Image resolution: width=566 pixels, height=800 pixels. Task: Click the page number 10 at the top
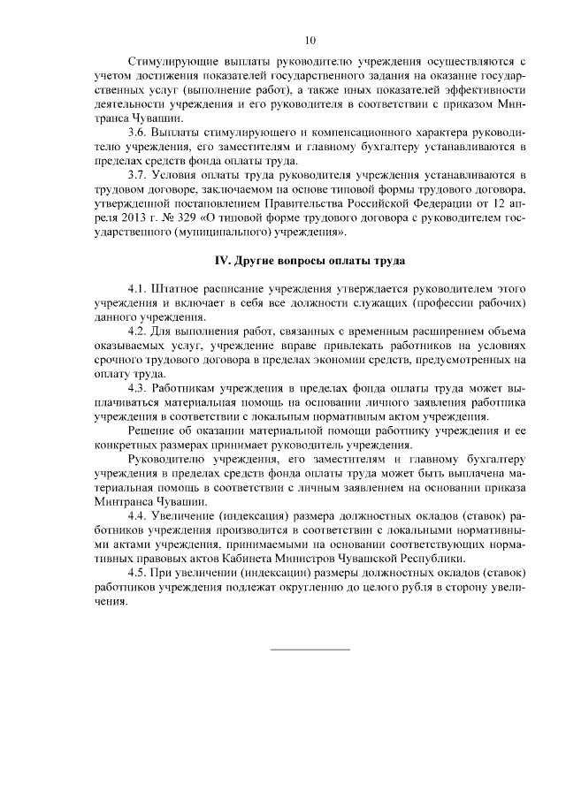pyautogui.click(x=310, y=39)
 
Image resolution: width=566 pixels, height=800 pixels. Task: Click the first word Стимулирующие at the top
pyautogui.click(x=173, y=62)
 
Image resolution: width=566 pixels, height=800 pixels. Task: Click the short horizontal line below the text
pyautogui.click(x=310, y=650)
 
